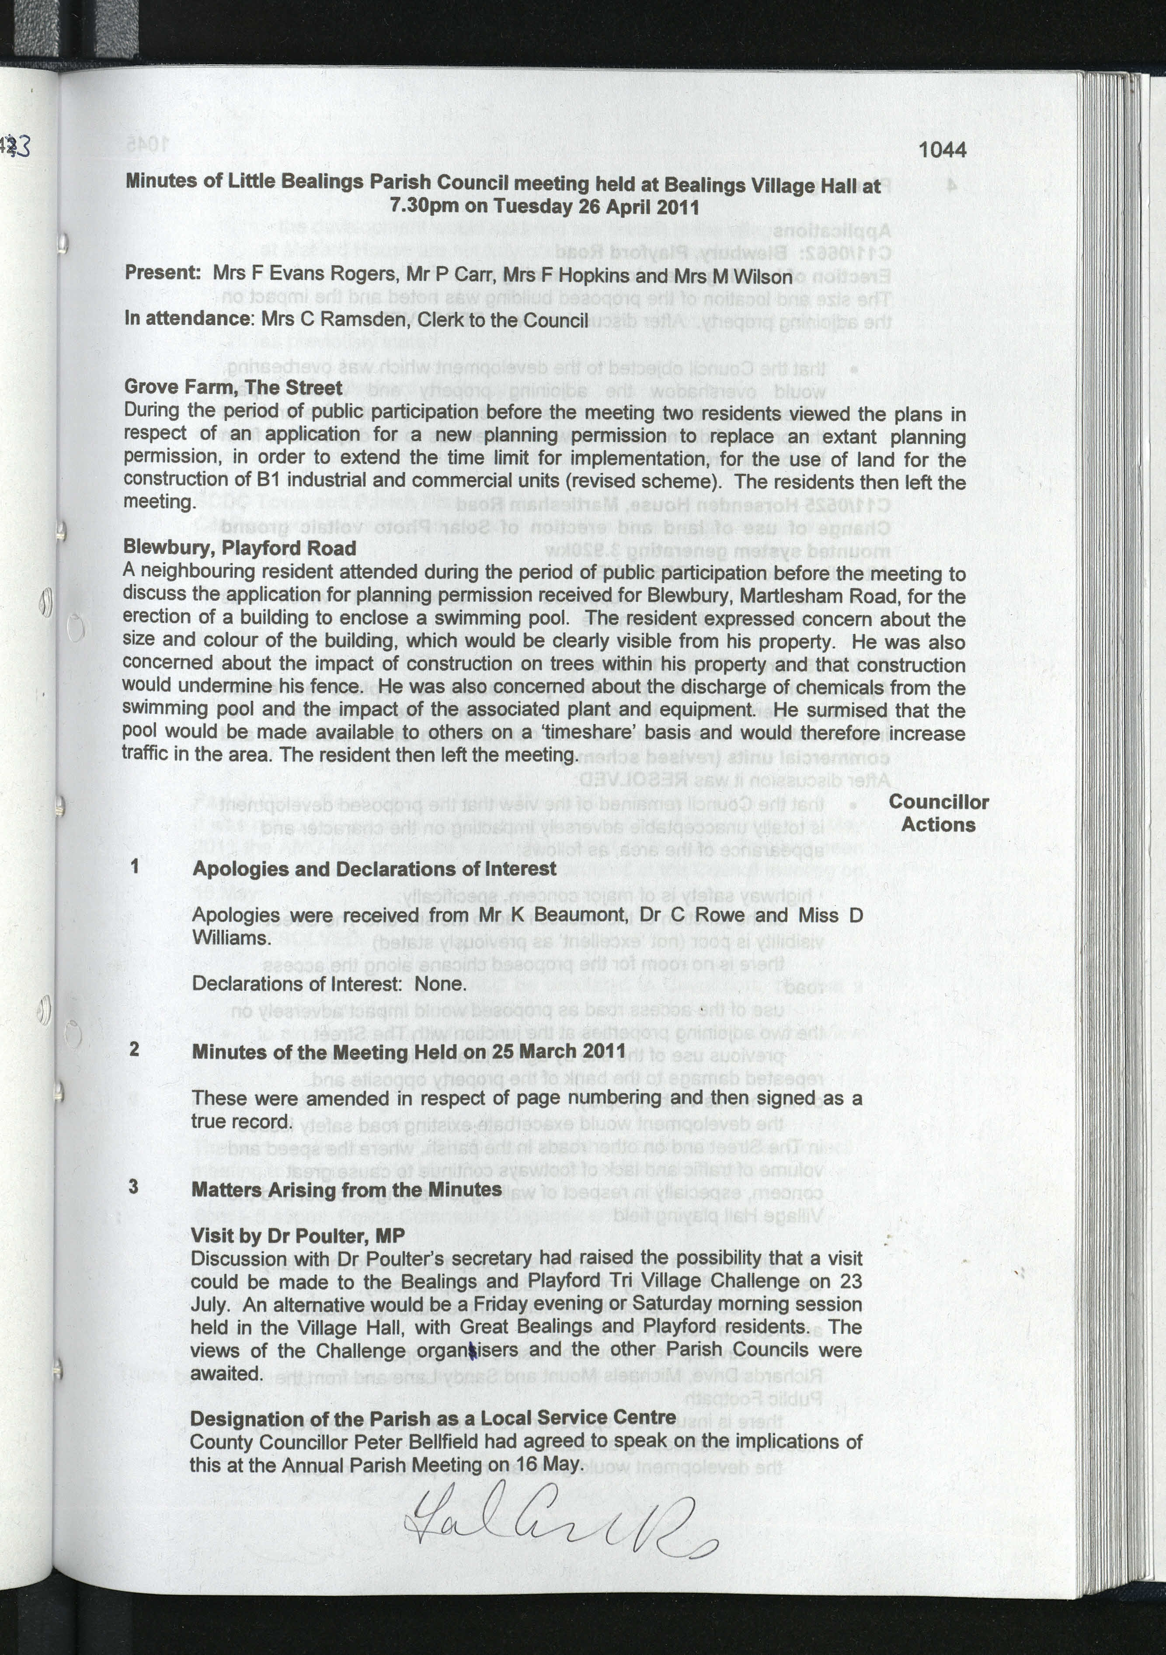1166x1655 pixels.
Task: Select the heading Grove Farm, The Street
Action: click(233, 387)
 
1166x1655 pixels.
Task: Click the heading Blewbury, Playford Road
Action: click(240, 548)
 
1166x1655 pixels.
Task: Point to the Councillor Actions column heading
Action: click(938, 813)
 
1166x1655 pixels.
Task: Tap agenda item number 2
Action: click(134, 1049)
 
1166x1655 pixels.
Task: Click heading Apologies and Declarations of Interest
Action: click(373, 869)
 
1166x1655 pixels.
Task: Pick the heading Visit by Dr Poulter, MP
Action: click(297, 1235)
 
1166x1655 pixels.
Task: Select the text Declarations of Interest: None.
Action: click(327, 984)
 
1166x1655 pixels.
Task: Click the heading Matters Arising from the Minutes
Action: click(346, 1189)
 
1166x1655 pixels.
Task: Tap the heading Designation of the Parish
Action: click(433, 1418)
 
